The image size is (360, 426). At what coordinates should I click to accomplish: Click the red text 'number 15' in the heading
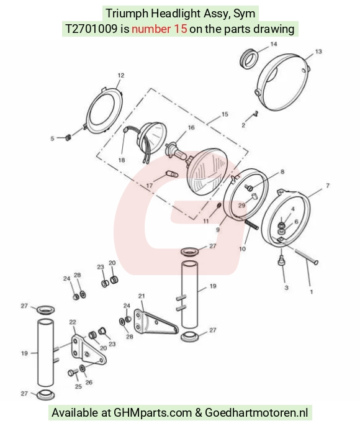pyautogui.click(x=160, y=29)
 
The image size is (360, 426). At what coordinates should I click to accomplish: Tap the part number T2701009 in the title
pyautogui.click(x=91, y=29)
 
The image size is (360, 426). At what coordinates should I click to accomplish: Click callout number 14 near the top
pyautogui.click(x=273, y=43)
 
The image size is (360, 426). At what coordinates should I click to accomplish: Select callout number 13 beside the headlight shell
pyautogui.click(x=318, y=52)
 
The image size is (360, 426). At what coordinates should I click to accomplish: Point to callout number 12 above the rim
pyautogui.click(x=121, y=75)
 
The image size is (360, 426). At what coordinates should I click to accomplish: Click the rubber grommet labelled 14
pyautogui.click(x=250, y=58)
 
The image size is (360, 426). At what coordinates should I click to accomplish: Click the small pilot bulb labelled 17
pyautogui.click(x=172, y=174)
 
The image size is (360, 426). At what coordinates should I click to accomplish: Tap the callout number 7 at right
pyautogui.click(x=328, y=186)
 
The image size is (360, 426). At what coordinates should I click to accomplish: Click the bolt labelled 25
pyautogui.click(x=73, y=372)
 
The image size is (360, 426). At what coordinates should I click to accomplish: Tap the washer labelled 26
pyautogui.click(x=83, y=369)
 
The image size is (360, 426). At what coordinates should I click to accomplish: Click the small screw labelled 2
pyautogui.click(x=255, y=113)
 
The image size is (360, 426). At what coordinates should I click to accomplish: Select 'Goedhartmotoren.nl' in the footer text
pyautogui.click(x=256, y=412)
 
